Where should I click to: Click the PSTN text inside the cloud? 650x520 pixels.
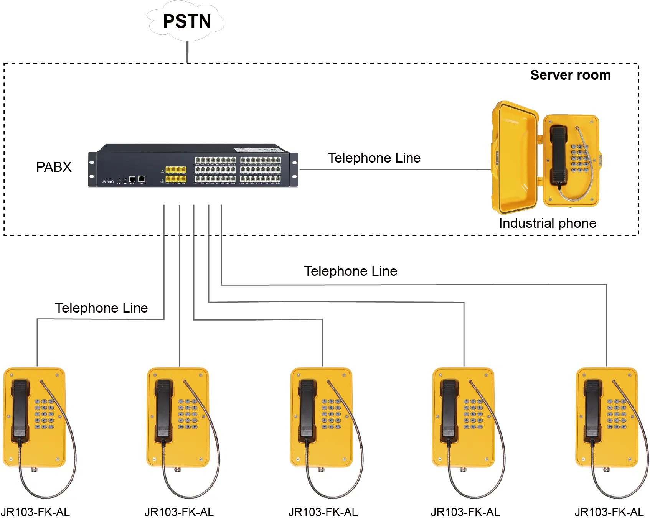coord(187,21)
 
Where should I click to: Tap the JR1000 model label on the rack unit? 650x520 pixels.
coord(108,182)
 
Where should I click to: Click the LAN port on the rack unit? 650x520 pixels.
coord(142,179)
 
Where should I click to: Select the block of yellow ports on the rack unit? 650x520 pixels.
coord(176,174)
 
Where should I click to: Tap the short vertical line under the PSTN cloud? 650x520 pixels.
coord(187,53)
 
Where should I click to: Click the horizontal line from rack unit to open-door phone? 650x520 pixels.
coord(395,169)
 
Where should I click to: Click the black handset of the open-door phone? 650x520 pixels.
coord(559,155)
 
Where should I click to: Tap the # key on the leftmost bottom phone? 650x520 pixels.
coord(51,421)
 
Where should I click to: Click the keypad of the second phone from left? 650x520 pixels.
coord(188,414)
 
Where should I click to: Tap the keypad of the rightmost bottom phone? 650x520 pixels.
coord(616,414)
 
